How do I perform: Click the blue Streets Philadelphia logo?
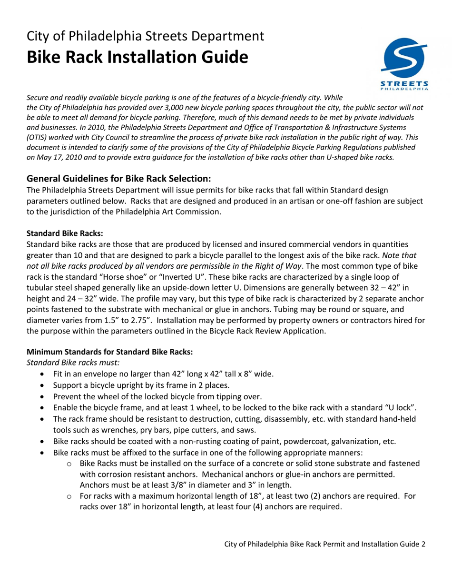pos(405,64)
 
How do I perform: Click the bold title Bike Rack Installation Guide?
pos(137,58)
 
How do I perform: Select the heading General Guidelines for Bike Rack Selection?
pos(118,179)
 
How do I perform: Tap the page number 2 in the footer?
pos(423,544)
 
